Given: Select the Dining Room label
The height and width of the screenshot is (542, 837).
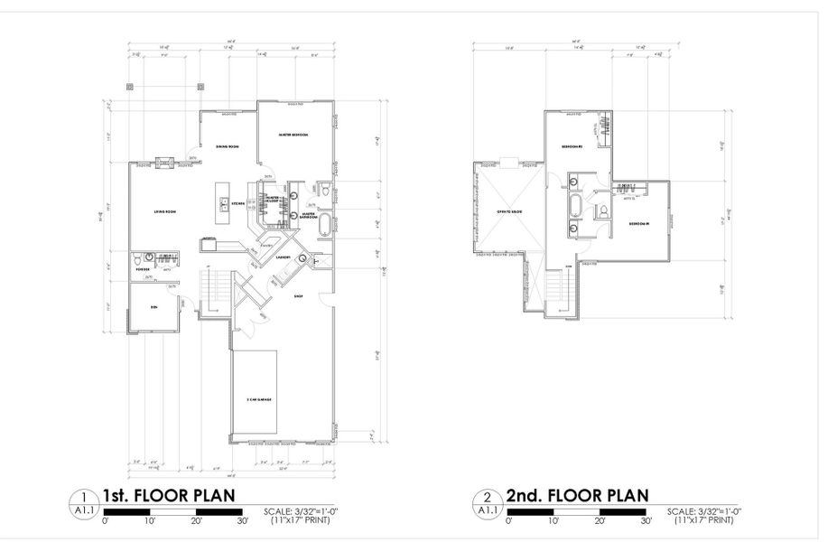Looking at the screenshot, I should pos(226,145).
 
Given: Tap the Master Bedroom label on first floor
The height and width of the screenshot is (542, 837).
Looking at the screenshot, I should pos(294,135).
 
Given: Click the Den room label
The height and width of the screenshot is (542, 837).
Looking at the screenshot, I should pos(153,308).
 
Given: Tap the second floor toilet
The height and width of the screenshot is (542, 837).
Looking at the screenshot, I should pos(602,211).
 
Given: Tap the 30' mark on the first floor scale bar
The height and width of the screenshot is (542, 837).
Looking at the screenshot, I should pos(243,522).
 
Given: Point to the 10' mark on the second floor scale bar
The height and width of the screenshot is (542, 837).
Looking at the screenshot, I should pos(553,522).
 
